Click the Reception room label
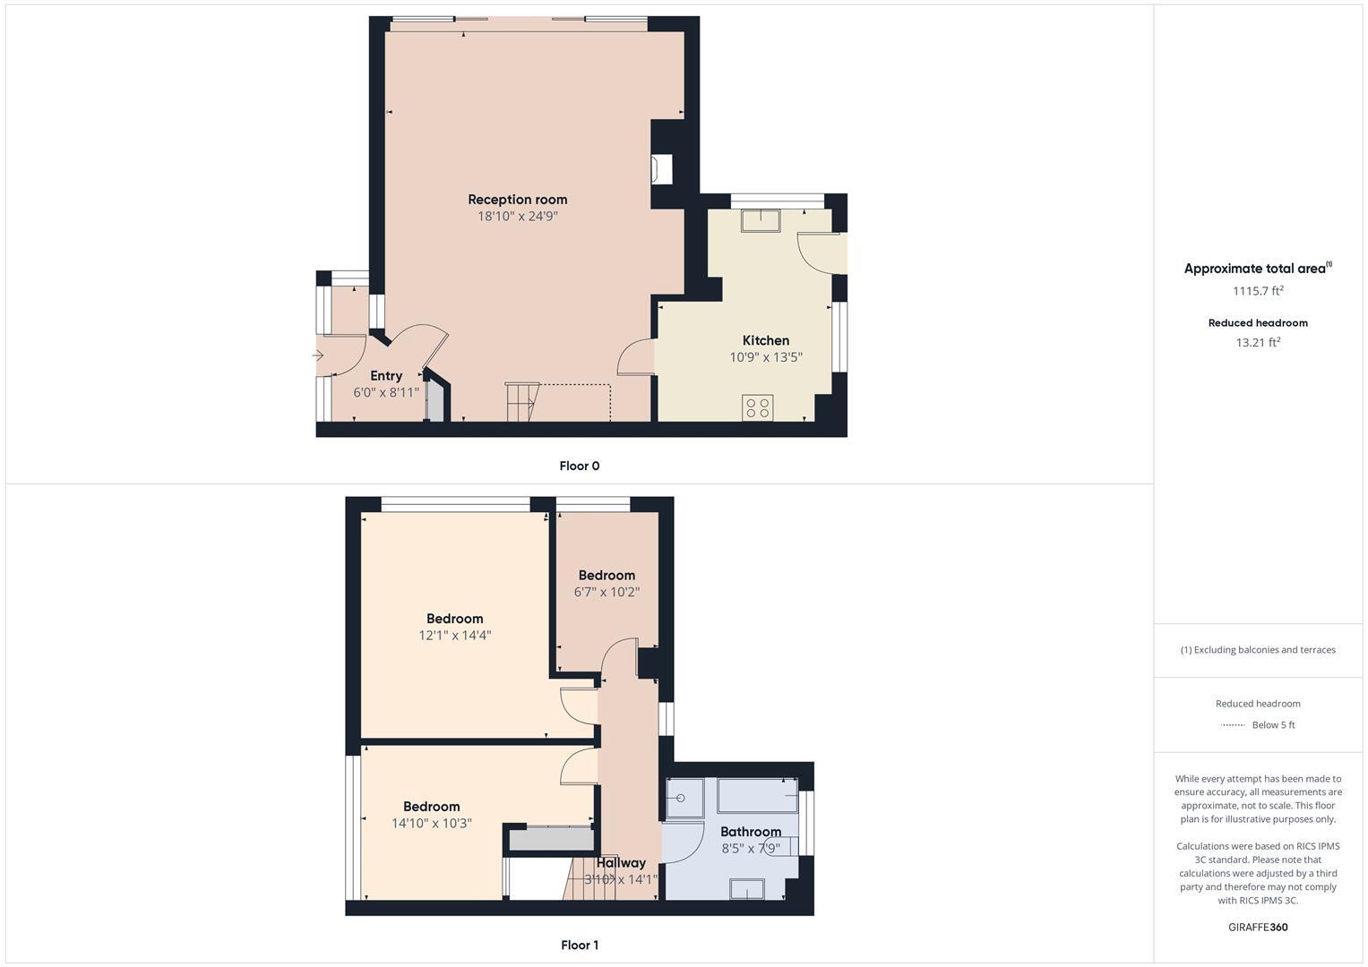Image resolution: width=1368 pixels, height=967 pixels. (x=517, y=200)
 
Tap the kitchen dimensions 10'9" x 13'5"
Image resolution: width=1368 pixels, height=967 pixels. (x=765, y=357)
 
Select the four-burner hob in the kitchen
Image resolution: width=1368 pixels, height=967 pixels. (x=757, y=407)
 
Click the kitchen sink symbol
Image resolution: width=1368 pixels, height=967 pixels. (x=761, y=219)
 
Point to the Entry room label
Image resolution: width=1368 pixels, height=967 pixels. (x=386, y=376)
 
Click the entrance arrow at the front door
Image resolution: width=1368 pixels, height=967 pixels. (x=318, y=356)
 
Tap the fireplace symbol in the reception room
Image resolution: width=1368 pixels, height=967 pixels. (x=662, y=169)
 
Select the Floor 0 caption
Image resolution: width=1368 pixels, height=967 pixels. (x=579, y=466)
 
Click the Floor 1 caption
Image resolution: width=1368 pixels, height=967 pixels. (x=579, y=945)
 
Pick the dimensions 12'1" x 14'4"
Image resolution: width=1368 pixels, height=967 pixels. (x=455, y=636)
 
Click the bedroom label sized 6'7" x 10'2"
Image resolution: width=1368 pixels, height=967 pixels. (x=607, y=576)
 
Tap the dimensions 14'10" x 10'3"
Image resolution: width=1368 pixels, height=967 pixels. (x=431, y=824)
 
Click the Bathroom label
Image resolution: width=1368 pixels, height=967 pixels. (x=751, y=832)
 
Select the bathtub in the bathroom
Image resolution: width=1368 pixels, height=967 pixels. (x=757, y=795)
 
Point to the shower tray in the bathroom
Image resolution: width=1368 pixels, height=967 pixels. (x=685, y=797)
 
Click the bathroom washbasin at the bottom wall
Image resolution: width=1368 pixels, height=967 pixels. (x=747, y=888)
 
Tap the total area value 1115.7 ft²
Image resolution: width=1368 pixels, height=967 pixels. (x=1258, y=291)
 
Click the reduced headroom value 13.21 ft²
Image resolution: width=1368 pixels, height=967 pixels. (x=1258, y=342)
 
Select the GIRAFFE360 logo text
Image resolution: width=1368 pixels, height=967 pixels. (x=1258, y=927)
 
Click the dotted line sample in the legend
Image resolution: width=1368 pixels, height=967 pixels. (x=1233, y=725)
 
